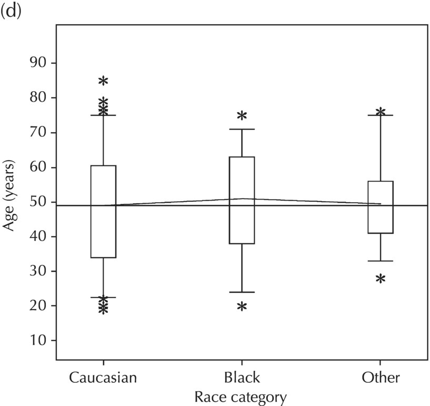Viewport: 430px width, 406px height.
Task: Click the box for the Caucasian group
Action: [103, 211]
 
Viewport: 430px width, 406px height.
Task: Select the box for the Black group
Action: [242, 200]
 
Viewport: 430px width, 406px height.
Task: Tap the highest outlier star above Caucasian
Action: [103, 81]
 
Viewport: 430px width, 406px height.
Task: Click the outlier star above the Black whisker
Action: [242, 116]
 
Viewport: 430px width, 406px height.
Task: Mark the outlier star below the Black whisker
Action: [242, 306]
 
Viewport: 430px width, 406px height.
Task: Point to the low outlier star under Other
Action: [381, 279]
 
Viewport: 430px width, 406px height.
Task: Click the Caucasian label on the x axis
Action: [103, 378]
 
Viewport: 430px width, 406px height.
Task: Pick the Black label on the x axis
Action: [242, 378]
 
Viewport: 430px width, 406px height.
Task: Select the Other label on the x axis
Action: [381, 378]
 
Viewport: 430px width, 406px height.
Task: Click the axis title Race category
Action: [241, 397]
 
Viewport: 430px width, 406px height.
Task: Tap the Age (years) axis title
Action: [10, 202]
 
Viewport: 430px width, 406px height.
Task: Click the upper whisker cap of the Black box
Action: [242, 129]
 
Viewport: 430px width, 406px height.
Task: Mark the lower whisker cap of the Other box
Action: [381, 261]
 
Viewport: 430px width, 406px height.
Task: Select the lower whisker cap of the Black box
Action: [242, 292]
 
